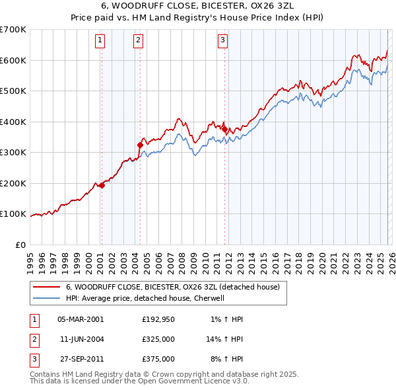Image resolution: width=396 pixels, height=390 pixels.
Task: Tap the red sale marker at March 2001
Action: (102, 185)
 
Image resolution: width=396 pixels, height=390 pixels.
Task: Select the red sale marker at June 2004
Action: (140, 145)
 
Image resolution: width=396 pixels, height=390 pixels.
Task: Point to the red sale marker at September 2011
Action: (224, 130)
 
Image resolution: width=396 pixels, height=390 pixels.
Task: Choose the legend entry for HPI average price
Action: (145, 298)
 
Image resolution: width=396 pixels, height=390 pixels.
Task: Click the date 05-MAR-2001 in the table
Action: (81, 319)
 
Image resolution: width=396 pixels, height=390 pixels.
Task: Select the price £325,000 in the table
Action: (158, 339)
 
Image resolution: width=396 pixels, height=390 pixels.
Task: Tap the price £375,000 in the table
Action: (158, 359)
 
